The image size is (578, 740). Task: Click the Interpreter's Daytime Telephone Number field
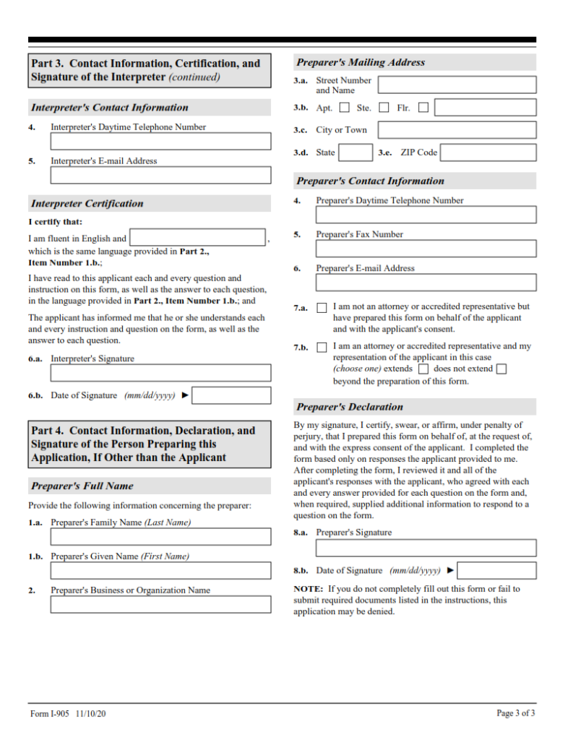160,141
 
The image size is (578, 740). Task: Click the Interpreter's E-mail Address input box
160,175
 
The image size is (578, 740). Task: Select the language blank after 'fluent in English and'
198,238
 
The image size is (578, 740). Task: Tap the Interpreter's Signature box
160,373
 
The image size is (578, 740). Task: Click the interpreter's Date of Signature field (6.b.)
232,395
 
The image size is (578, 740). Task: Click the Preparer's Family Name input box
160,536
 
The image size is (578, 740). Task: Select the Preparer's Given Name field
160,570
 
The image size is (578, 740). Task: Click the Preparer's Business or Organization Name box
160,604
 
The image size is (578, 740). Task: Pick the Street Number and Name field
457,85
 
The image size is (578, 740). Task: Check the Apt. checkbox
344,108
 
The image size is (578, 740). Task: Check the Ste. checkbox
384,108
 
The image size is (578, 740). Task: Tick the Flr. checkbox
423,108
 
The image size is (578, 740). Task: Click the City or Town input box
457,130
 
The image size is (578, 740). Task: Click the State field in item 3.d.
355,152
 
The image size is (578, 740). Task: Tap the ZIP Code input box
488,152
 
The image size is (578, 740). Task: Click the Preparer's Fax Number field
426,249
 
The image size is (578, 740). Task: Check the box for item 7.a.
322,308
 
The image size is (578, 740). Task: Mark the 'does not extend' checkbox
501,369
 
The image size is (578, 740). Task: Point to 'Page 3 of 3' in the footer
516,713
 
